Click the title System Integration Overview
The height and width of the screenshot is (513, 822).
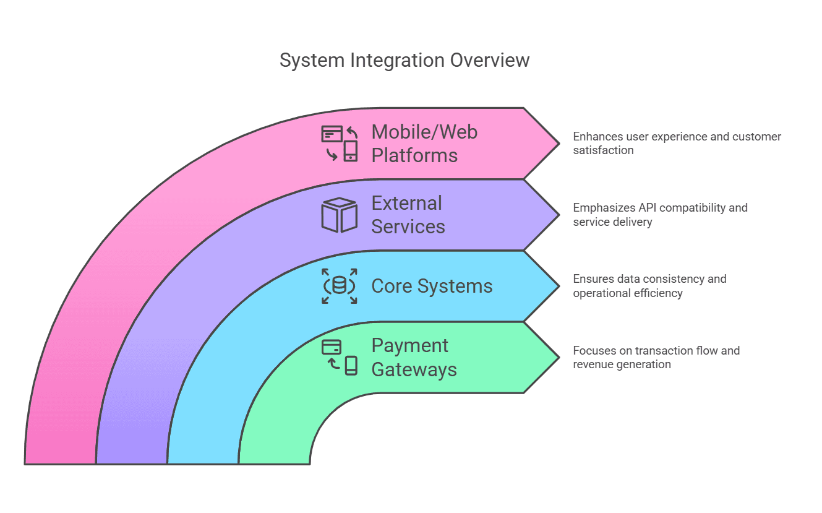pos(404,61)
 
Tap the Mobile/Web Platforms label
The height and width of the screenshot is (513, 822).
pos(424,143)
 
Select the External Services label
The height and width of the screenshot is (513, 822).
pos(408,215)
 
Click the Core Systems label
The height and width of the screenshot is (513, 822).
pos(432,286)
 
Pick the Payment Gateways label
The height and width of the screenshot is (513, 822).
pos(414,357)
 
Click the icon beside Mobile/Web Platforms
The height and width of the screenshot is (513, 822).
pos(340,143)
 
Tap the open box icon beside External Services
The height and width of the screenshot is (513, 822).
pos(339,215)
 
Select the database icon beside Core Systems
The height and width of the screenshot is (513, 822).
pos(339,286)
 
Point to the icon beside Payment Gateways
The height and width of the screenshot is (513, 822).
pos(340,357)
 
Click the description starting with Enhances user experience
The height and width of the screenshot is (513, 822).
pos(677,143)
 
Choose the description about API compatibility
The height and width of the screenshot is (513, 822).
pos(660,215)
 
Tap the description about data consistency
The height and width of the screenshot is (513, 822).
pos(649,286)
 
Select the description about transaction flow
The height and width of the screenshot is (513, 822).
pos(656,357)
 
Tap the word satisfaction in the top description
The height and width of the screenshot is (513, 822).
pos(603,150)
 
